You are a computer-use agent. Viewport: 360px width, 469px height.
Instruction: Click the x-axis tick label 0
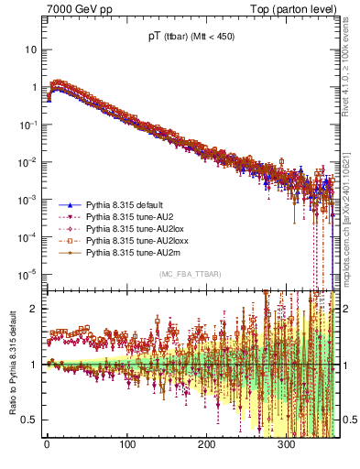[47, 449]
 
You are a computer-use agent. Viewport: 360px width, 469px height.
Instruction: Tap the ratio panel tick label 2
[35, 309]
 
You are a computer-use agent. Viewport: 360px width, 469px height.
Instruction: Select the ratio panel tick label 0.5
[31, 420]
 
